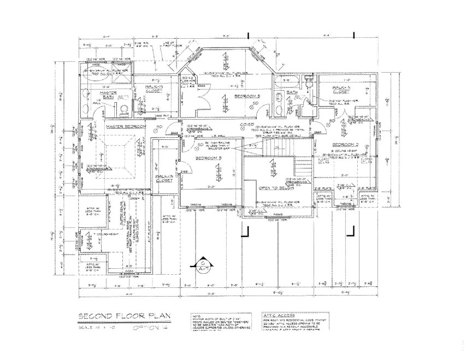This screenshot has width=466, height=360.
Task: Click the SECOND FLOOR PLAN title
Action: [125, 316]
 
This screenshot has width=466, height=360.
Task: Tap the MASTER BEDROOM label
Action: [126, 127]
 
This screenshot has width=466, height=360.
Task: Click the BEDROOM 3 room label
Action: [212, 158]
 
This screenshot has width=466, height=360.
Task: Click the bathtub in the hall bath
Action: [285, 82]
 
